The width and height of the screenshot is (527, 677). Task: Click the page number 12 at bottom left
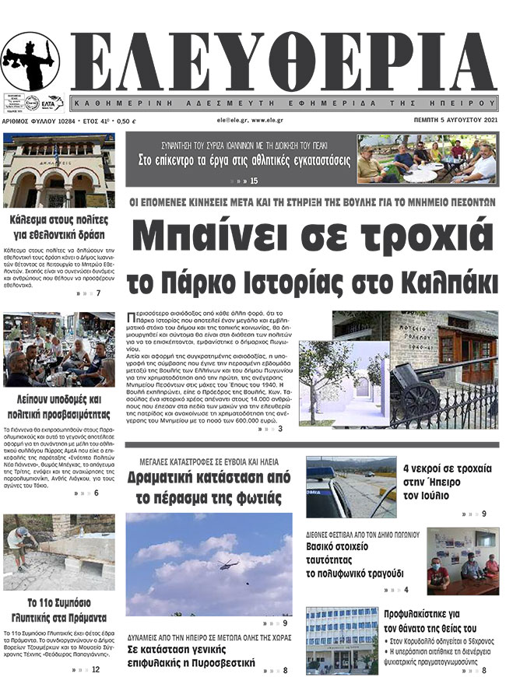(95, 669)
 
